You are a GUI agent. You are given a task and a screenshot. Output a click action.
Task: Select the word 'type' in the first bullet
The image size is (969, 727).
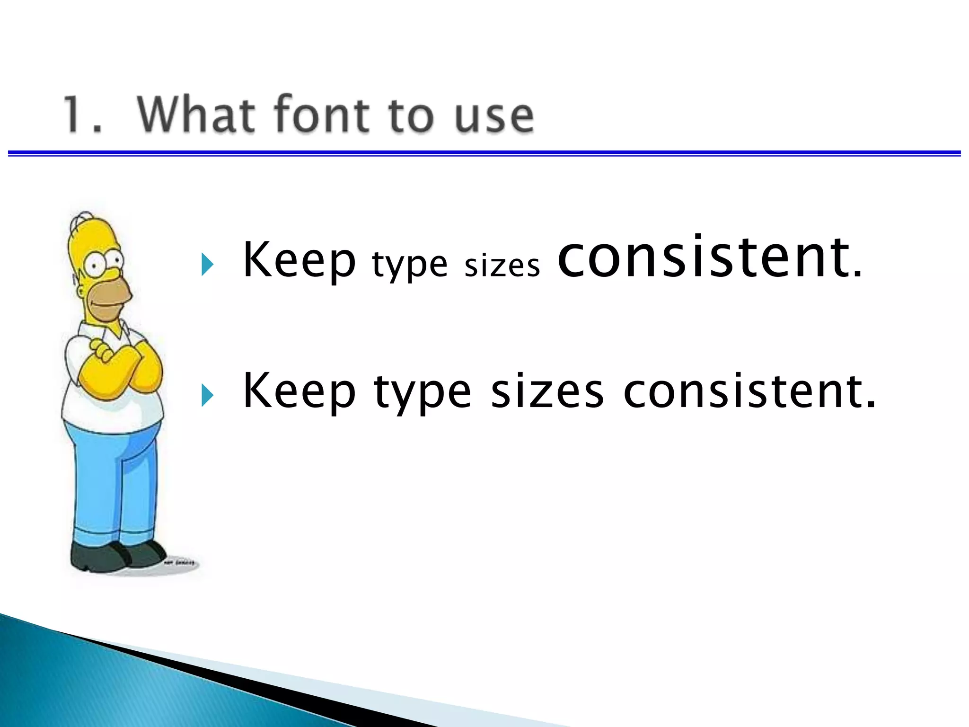(x=409, y=265)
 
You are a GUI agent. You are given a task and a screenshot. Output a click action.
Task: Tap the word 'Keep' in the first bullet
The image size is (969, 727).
(x=299, y=260)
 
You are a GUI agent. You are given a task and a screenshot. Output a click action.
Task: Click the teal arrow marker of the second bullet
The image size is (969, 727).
(x=207, y=395)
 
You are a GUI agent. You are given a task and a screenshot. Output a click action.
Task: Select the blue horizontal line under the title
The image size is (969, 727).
(x=484, y=153)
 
